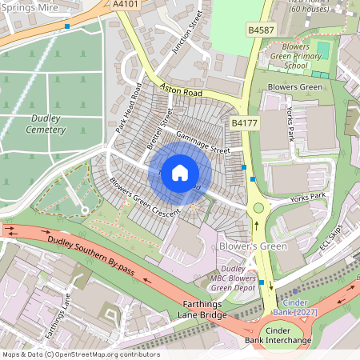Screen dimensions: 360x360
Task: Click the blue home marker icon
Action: (180, 173)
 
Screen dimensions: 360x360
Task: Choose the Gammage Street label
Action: (202, 142)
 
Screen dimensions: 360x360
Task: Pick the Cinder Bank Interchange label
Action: (288, 334)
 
